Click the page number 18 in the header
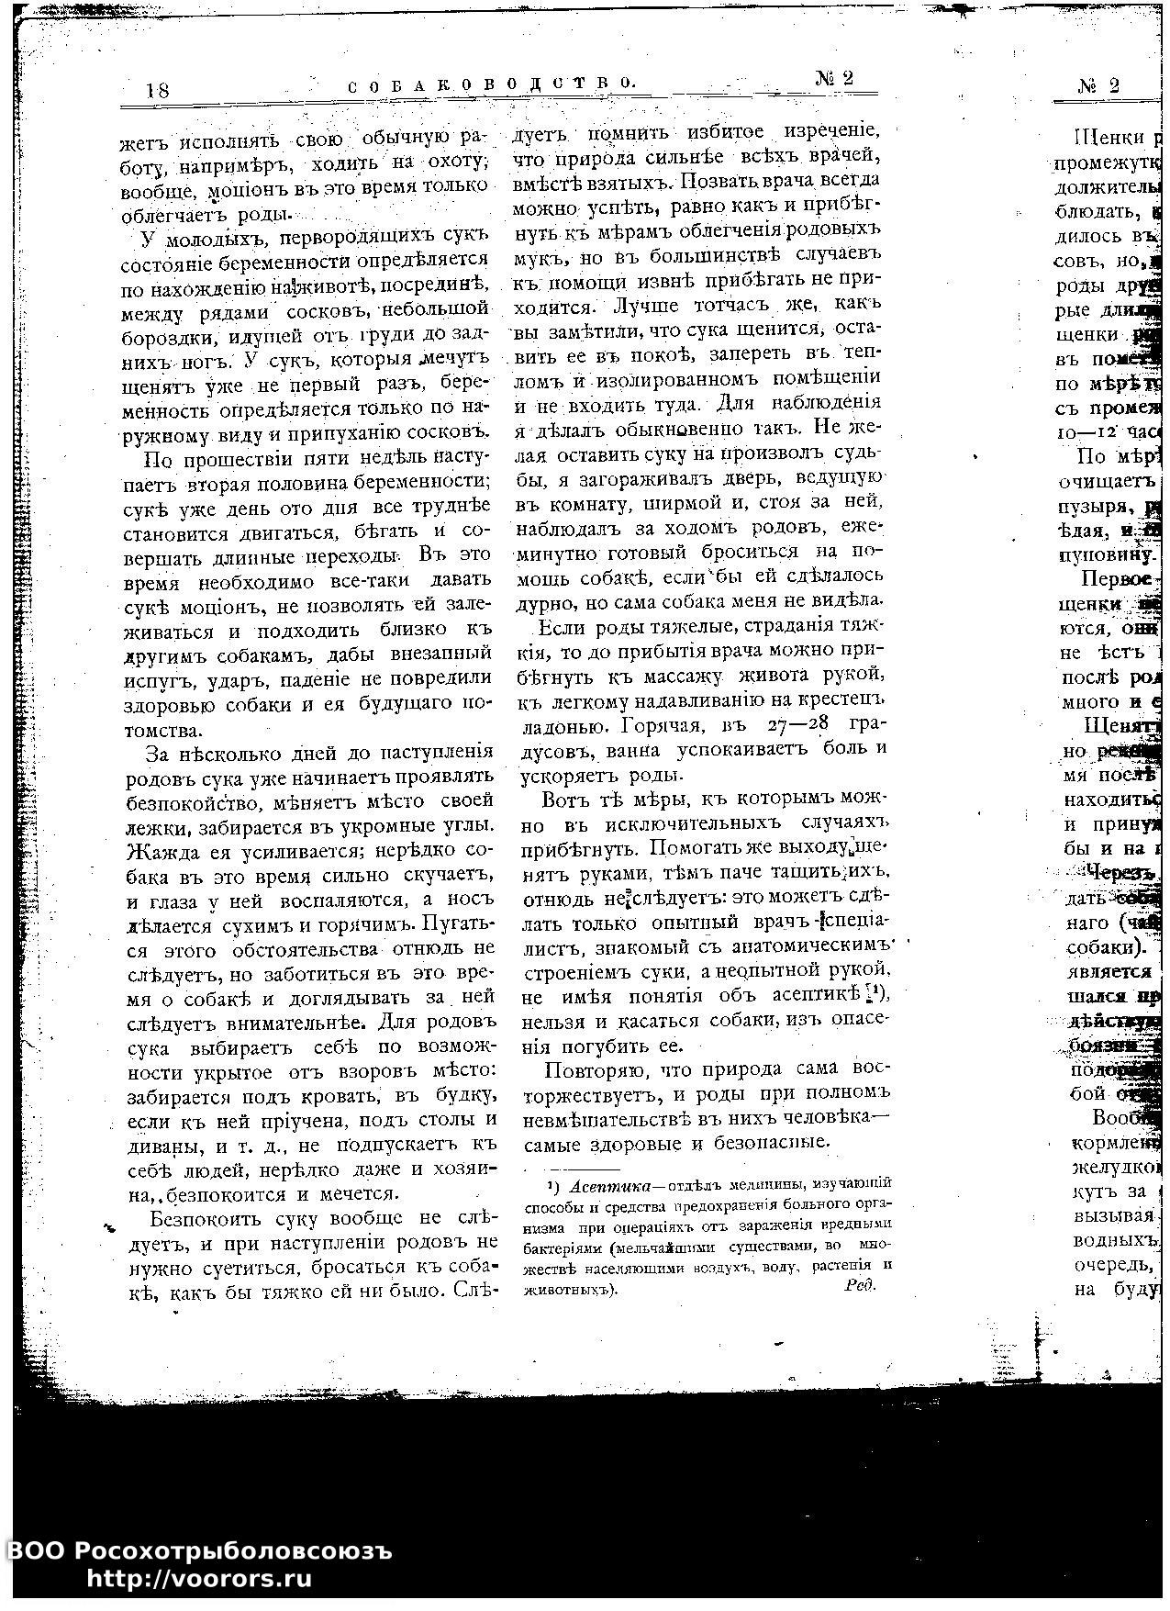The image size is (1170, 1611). point(157,91)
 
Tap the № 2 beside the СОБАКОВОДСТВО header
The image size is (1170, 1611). point(834,79)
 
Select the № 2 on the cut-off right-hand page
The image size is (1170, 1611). point(1099,86)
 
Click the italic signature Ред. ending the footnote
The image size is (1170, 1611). point(860,1285)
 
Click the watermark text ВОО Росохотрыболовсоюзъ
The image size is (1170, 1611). point(201,1550)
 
